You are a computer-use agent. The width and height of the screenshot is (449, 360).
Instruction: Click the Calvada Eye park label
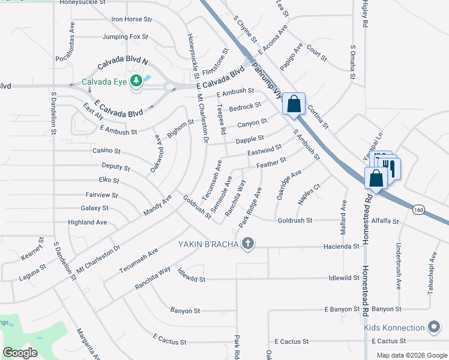click(104, 82)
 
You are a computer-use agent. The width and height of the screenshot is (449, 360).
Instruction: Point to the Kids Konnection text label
click(393, 328)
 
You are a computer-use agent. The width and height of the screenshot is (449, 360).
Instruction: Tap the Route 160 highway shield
click(420, 208)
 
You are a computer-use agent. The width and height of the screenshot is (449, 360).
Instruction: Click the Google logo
click(20, 353)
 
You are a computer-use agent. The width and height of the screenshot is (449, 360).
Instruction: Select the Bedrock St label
click(245, 106)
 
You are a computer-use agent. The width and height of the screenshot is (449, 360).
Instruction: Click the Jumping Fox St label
click(125, 37)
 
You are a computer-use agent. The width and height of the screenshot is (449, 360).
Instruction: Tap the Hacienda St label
click(341, 247)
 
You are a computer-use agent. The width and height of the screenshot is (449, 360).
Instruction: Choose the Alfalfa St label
click(385, 221)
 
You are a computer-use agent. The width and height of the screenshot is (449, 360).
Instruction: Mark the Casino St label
click(107, 151)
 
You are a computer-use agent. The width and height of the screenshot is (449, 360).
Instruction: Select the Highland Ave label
click(87, 222)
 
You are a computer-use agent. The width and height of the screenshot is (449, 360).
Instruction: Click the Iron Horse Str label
click(131, 19)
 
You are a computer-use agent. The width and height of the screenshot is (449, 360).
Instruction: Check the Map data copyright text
click(411, 355)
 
